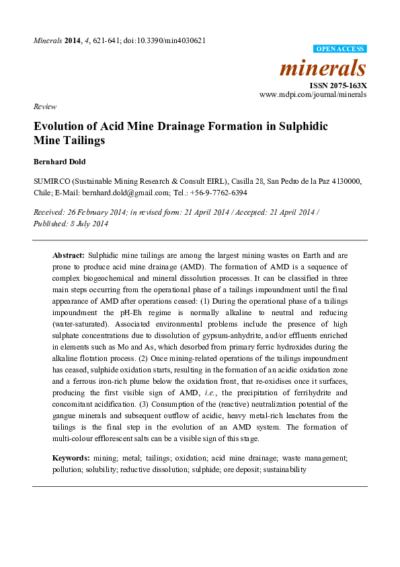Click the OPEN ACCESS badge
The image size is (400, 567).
[340, 49]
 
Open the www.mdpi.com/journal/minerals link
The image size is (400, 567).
[313, 96]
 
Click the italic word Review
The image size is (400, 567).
[44, 106]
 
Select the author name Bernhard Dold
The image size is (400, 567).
[61, 162]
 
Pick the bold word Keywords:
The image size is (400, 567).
[71, 458]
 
